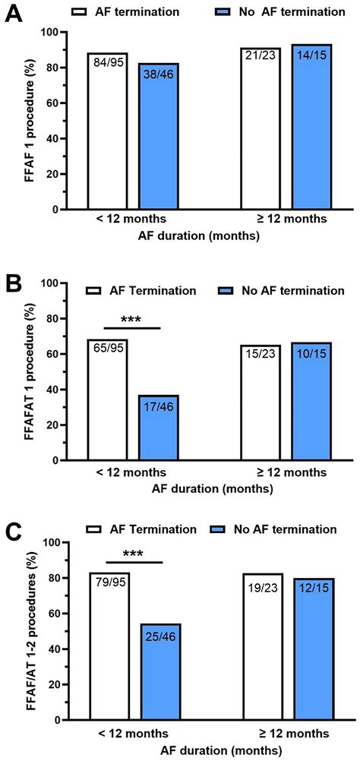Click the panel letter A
click(14, 14)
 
